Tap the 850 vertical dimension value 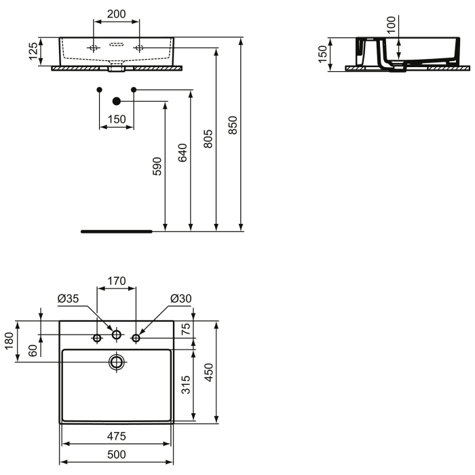point(233,126)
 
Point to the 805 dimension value point(208,138)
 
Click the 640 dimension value point(183,152)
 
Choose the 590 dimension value point(157,166)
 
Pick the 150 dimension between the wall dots point(117,119)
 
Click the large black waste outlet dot point(116,102)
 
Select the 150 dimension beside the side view point(324,54)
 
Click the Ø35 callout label point(68,298)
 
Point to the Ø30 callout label point(180,298)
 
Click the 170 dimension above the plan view point(117,279)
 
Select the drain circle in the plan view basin point(117,362)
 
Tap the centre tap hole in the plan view point(117,335)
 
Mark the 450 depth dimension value point(209,370)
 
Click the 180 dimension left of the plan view point(9,341)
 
